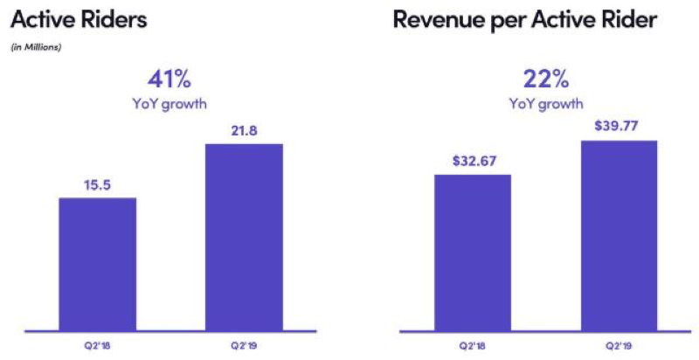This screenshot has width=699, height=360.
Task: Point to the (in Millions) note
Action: (x=36, y=47)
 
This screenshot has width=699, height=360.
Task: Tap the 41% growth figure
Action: (x=168, y=80)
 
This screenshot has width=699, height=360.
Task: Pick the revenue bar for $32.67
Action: (x=472, y=253)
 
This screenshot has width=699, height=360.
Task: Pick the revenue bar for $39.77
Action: (x=618, y=236)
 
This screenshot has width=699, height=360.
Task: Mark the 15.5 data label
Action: (x=97, y=184)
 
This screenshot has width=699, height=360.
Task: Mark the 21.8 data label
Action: (x=244, y=130)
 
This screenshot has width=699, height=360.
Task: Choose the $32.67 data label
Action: (x=472, y=161)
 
